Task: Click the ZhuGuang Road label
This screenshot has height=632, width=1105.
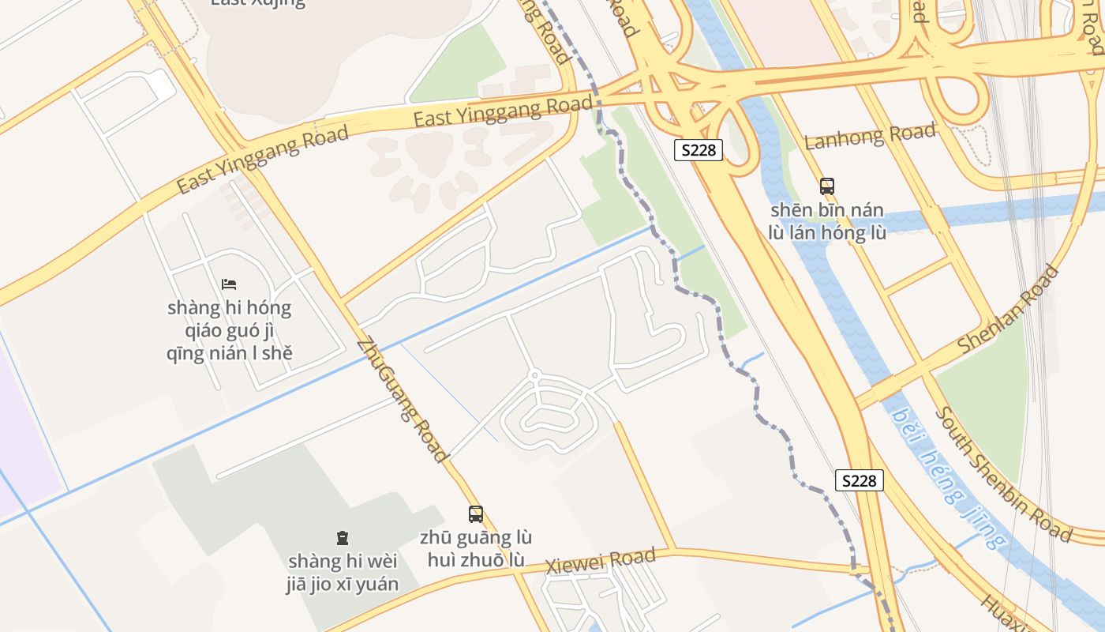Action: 403,400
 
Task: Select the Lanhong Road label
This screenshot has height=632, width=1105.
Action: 870,135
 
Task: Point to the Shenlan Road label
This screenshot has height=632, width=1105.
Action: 1008,310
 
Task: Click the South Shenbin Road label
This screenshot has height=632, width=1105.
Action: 1002,474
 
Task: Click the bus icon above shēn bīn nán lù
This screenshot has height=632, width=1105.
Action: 826,186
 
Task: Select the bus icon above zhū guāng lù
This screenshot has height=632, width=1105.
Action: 475,514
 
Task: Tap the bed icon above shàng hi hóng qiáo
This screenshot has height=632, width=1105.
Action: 229,284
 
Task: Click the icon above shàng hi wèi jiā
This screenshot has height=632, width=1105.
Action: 343,538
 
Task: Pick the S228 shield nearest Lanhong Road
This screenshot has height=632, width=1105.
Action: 699,150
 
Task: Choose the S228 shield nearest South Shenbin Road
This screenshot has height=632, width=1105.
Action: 859,480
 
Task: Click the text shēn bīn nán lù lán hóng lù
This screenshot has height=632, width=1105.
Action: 826,221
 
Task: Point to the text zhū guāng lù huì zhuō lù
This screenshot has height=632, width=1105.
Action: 475,549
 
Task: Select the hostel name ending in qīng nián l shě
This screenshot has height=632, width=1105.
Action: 229,330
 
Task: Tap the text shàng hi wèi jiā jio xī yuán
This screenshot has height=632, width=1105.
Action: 343,573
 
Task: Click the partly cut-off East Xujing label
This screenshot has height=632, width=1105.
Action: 257,2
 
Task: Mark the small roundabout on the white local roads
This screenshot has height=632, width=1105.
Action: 534,374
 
